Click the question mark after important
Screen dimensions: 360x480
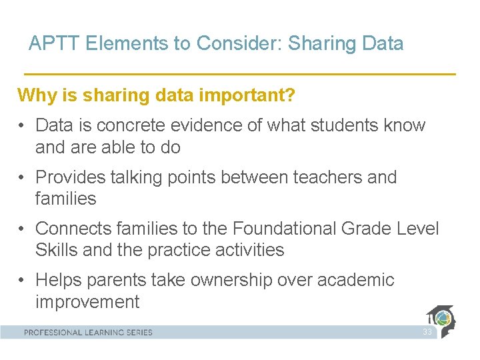point(291,95)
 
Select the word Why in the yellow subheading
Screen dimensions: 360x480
point(35,95)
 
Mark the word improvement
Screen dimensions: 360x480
point(87,301)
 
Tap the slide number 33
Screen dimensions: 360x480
point(427,332)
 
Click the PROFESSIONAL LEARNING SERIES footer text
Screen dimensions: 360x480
point(89,332)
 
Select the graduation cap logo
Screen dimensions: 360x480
point(441,321)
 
